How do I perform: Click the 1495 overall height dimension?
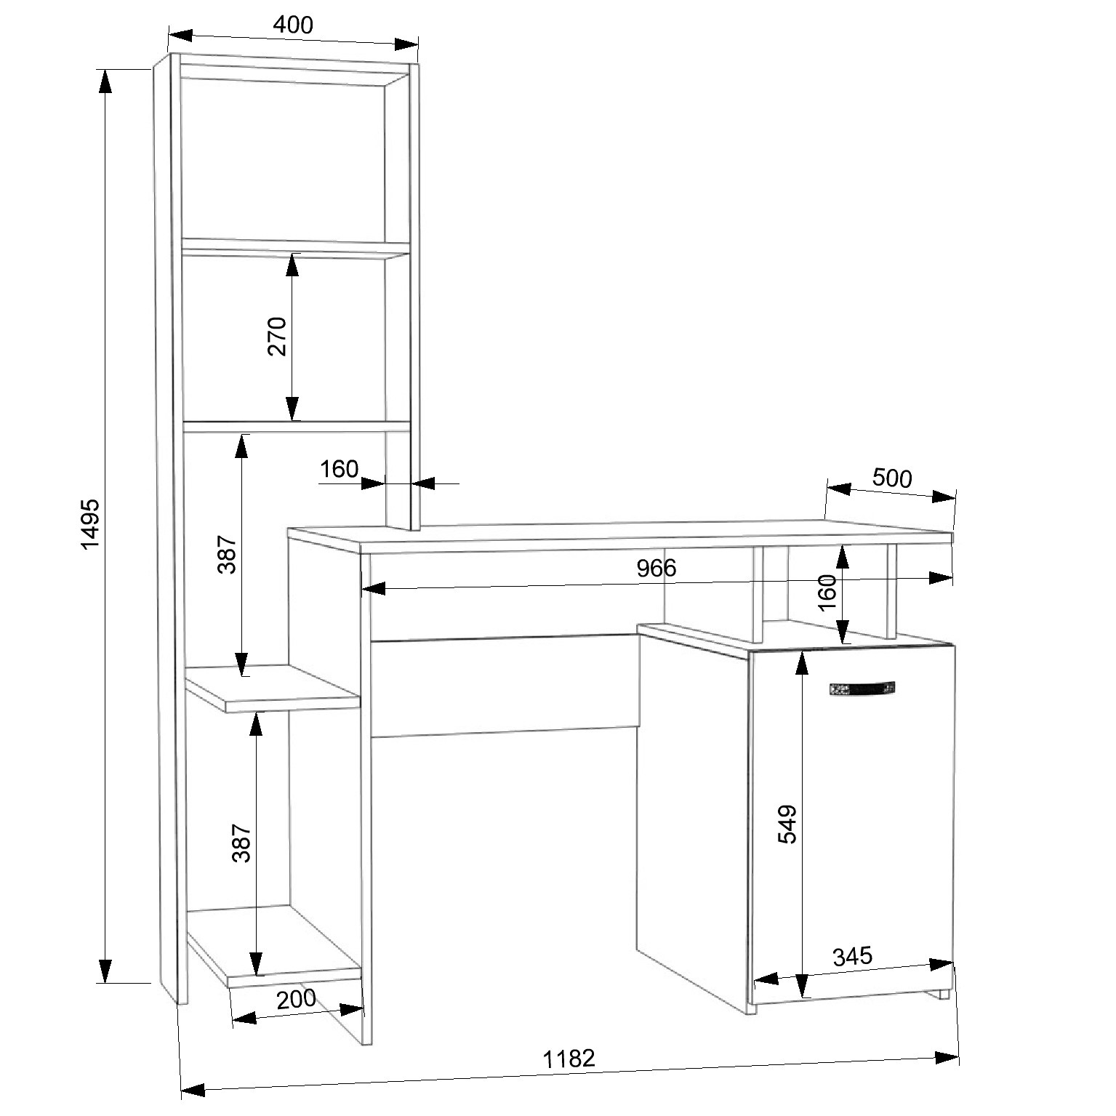(90, 524)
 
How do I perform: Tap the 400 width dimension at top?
(292, 25)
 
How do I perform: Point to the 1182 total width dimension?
(569, 1058)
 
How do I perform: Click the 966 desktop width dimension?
(657, 568)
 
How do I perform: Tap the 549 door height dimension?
(787, 824)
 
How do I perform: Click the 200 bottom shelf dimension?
(297, 998)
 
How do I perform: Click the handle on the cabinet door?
(862, 689)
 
